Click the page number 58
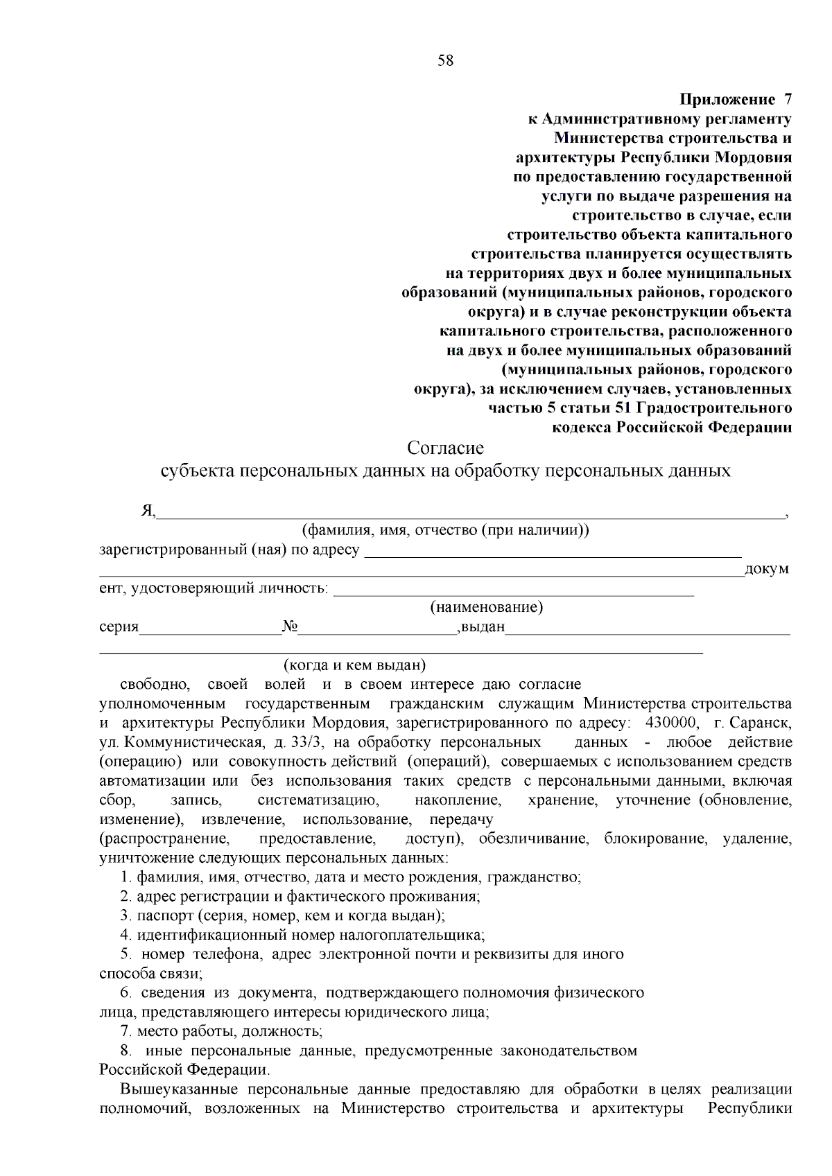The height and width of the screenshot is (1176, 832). pos(445,61)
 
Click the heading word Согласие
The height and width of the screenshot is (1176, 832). pos(445,448)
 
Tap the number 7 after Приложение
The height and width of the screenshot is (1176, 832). pos(787,99)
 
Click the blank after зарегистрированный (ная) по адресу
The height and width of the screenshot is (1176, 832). pos(553,552)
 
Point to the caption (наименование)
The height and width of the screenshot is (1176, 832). pos(486,608)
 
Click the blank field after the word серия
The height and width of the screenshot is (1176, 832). pos(210,628)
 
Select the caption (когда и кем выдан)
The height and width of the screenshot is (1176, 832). pos(354,665)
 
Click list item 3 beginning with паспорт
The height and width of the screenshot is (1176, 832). pos(282,915)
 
